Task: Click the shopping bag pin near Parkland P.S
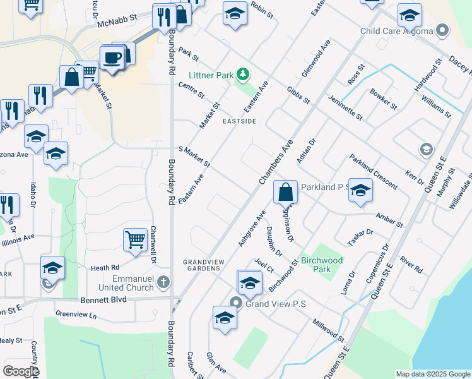pyautogui.click(x=286, y=191)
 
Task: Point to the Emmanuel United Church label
pyautogui.click(x=124, y=283)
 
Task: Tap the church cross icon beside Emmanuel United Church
pyautogui.click(x=163, y=281)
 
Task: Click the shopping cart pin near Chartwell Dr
pyautogui.click(x=136, y=240)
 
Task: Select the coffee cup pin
pyautogui.click(x=112, y=58)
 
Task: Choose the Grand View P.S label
pyautogui.click(x=275, y=304)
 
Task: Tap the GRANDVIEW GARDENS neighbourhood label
pyautogui.click(x=202, y=265)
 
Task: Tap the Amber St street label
pyautogui.click(x=389, y=220)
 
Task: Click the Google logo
pyautogui.click(x=21, y=371)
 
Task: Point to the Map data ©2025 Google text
pyautogui.click(x=432, y=374)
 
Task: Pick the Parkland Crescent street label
pyautogui.click(x=373, y=173)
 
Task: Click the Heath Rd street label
pyautogui.click(x=105, y=268)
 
